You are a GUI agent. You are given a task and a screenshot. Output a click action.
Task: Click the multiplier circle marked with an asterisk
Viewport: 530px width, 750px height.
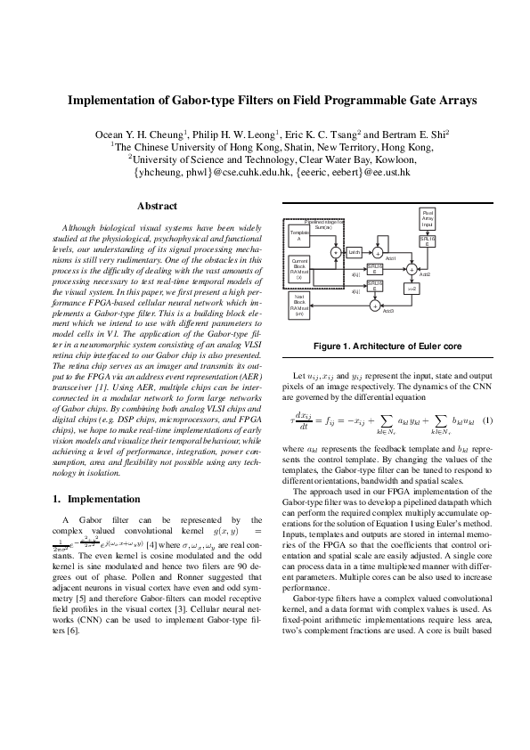(335, 253)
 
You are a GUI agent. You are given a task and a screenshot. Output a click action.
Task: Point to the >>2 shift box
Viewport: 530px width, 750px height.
(411, 289)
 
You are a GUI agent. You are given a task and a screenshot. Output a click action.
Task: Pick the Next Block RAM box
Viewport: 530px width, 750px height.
(299, 306)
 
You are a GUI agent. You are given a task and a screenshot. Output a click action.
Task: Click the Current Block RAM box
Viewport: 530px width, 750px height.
(299, 268)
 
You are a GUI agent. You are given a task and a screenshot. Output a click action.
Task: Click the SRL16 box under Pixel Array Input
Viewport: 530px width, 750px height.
(428, 241)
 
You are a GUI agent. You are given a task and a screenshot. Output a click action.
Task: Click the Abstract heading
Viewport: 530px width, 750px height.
(156, 206)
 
